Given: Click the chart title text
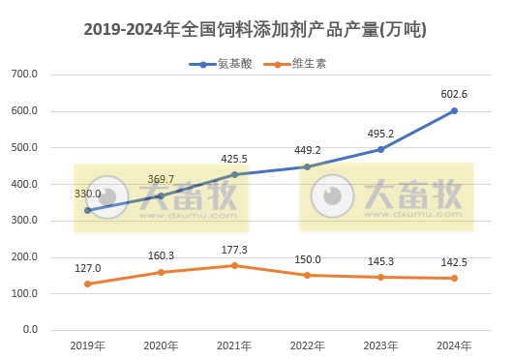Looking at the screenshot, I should click(x=256, y=30).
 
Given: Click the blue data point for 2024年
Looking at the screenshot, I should click(x=454, y=110).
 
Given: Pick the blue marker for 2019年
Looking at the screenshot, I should click(x=87, y=210).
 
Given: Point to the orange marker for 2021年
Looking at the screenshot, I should click(x=234, y=265).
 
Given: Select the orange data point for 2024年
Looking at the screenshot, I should click(x=454, y=278).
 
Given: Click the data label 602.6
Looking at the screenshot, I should click(x=454, y=94).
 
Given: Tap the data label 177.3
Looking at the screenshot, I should click(x=234, y=250).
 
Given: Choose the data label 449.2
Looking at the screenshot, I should click(x=307, y=150).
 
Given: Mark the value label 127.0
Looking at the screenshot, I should click(x=87, y=268).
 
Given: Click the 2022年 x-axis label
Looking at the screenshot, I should click(x=307, y=345).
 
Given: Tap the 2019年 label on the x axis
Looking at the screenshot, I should click(x=87, y=345).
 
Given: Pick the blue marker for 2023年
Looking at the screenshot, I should click(x=380, y=149).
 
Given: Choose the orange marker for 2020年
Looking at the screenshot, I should click(x=161, y=272).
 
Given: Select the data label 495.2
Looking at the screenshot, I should click(x=380, y=133).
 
